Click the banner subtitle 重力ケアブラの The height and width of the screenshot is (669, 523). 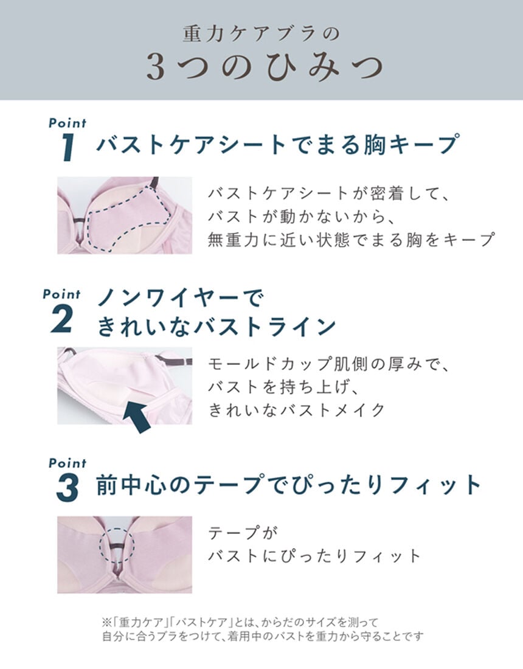coord(261,33)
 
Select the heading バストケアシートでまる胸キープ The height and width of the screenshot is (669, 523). coord(277,145)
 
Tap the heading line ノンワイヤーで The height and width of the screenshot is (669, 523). coord(181,299)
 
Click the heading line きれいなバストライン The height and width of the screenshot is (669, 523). coord(216,327)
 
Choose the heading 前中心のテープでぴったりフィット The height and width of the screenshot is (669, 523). coord(289,485)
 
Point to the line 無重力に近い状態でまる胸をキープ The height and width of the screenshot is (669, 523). coord(350,240)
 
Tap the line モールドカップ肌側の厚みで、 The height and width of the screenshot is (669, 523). coord(328,364)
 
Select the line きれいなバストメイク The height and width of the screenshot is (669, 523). coord(297,410)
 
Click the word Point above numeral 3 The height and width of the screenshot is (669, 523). coord(67,463)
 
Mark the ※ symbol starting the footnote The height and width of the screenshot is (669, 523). coord(103,622)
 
